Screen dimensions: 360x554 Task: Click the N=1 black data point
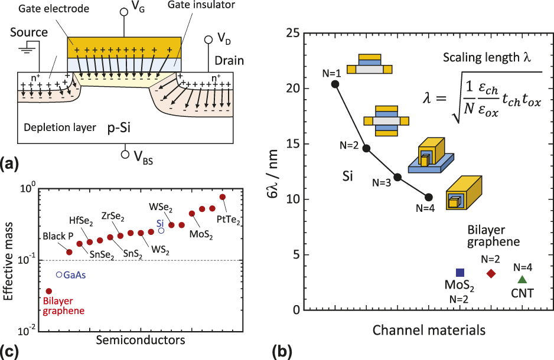tap(335, 84)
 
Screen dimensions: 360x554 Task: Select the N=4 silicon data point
tap(429, 197)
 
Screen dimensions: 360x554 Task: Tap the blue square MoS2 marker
tap(460, 272)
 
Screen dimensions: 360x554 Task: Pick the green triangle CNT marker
tap(522, 279)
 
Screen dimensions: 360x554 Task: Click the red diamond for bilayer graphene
tap(491, 273)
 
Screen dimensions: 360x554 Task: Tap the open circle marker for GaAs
tap(59, 275)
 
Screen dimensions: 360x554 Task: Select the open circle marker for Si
tap(161, 230)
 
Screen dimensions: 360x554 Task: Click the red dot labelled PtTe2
tap(223, 197)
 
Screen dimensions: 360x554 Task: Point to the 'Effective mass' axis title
tap(10, 257)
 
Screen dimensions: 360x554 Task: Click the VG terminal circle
tap(124, 12)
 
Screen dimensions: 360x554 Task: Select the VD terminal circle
tap(208, 40)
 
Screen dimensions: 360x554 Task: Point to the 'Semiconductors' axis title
tap(140, 340)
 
